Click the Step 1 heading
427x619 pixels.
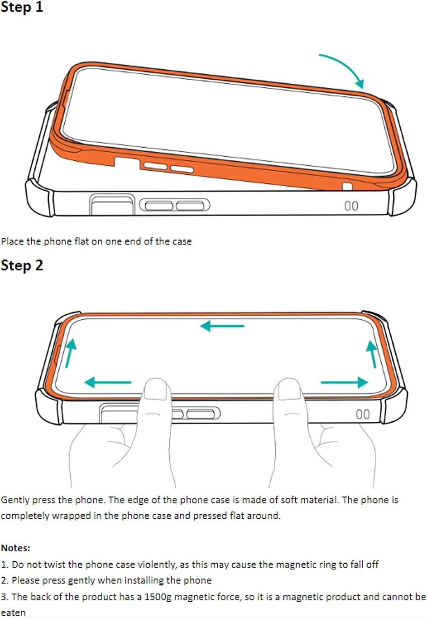click(x=22, y=7)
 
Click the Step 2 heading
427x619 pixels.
click(x=22, y=265)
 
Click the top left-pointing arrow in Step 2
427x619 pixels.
click(x=222, y=326)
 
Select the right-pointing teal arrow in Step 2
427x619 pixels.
click(x=344, y=382)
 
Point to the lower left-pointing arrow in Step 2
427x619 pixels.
click(x=108, y=382)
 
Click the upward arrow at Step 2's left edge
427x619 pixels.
click(x=70, y=353)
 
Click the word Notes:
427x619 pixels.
click(x=16, y=548)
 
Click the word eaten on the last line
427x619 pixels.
click(x=13, y=613)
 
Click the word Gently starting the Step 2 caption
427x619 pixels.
click(x=15, y=500)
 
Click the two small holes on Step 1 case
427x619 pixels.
click(x=351, y=206)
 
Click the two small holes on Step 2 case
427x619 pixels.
click(x=363, y=414)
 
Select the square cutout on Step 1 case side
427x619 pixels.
click(x=113, y=205)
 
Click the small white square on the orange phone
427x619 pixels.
click(x=347, y=187)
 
